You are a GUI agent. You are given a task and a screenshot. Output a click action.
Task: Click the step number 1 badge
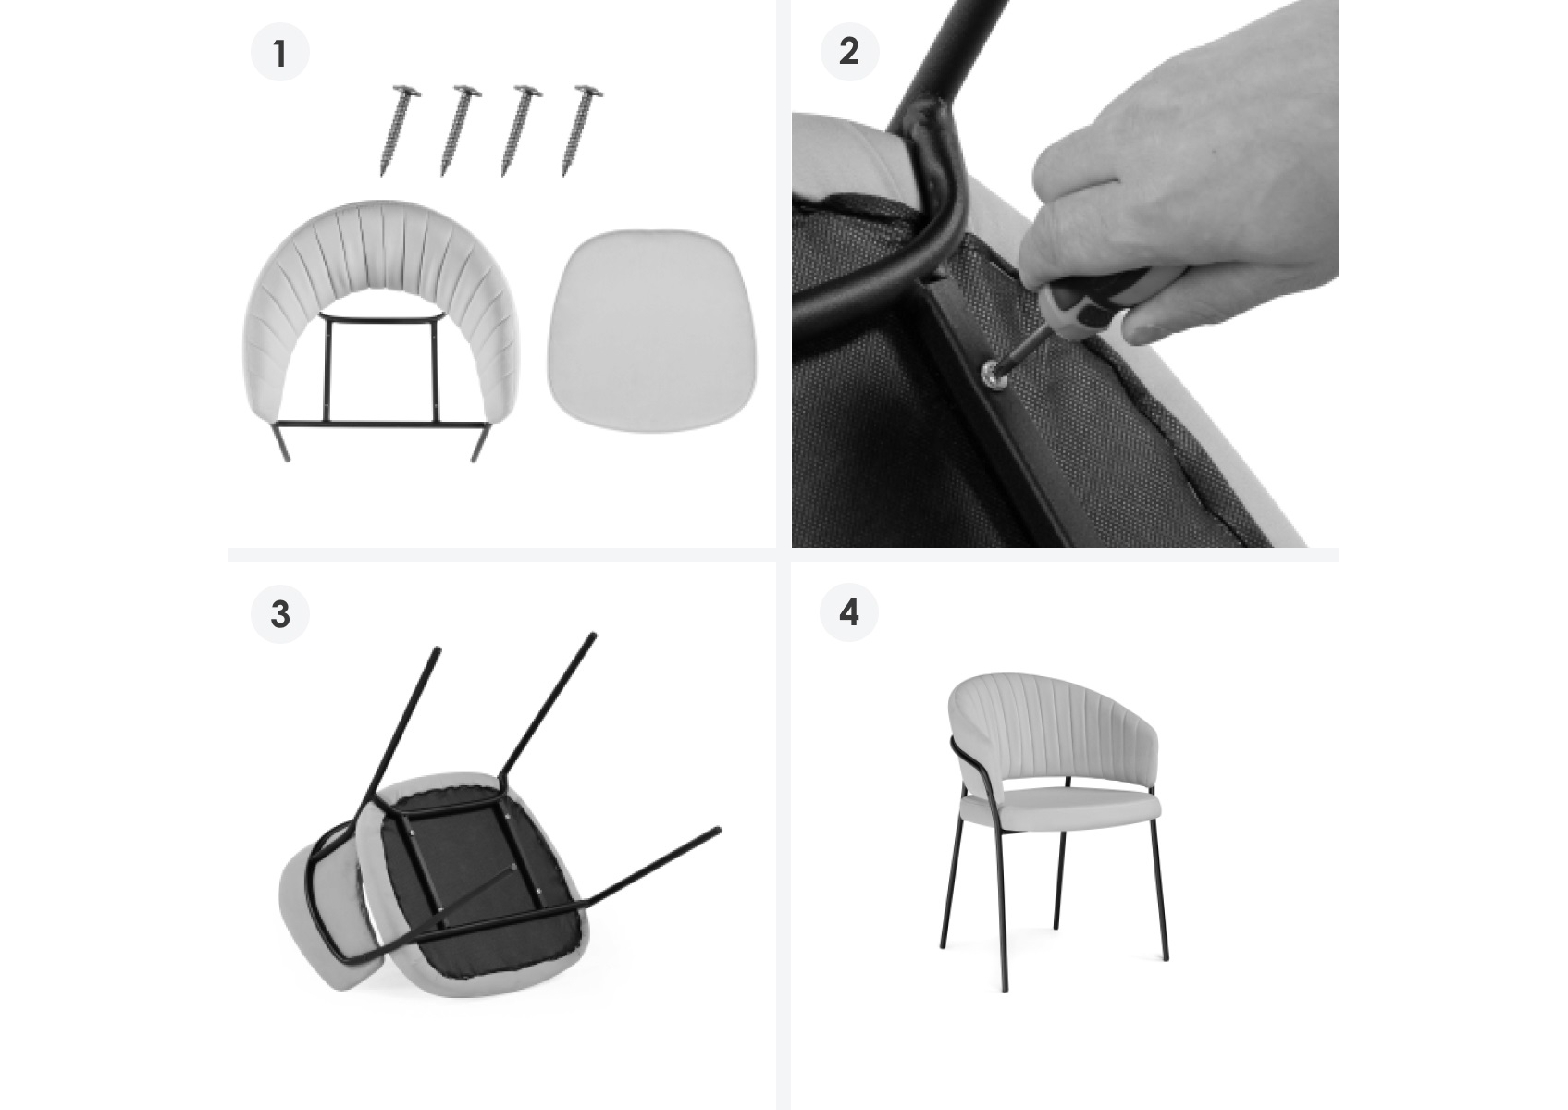coord(280,53)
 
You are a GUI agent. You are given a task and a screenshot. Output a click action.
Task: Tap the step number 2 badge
coord(849,52)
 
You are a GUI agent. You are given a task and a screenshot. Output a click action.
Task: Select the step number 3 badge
coord(280,614)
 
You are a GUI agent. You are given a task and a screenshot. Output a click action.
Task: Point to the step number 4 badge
coord(849,612)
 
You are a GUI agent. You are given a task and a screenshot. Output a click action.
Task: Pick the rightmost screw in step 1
coord(582,129)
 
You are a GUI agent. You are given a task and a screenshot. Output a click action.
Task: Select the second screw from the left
coord(460,129)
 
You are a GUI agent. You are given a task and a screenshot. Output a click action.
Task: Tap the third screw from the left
coord(521,129)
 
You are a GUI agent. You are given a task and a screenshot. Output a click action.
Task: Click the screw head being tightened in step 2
coord(991,374)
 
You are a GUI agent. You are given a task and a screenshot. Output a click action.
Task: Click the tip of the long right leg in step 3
coord(718,831)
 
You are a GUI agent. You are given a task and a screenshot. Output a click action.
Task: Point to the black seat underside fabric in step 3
coord(476,882)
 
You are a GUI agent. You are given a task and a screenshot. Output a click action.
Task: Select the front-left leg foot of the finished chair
coord(1006,987)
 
